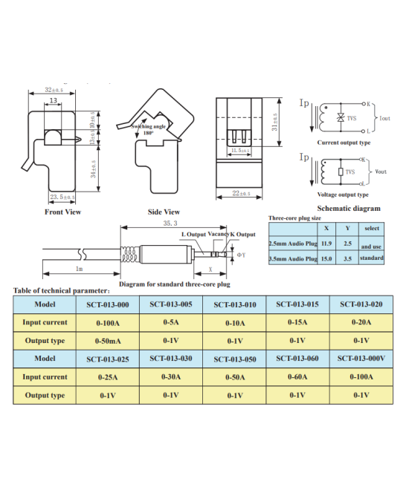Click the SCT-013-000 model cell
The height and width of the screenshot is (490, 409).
pos(108,305)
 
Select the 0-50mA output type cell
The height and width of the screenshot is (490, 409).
pos(108,341)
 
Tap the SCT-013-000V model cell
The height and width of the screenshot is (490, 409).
pos(361,359)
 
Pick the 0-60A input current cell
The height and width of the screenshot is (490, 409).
pos(297,376)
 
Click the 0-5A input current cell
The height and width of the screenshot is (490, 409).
pos(171,322)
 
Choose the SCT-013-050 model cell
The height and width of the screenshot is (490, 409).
pos(234,359)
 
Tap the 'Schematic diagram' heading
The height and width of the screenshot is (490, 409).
pos(348,209)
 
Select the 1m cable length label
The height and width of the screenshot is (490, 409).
pos(78,268)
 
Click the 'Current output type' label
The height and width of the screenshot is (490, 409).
pos(344,143)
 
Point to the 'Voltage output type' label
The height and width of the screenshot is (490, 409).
pos(343,195)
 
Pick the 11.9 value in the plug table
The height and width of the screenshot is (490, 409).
pos(326,242)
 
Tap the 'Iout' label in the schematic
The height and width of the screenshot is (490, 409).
pos(384,118)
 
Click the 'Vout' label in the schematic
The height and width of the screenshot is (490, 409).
pos(381,171)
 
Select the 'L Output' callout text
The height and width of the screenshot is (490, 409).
pos(194,235)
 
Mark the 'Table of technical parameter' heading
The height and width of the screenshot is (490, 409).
pos(62,290)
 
